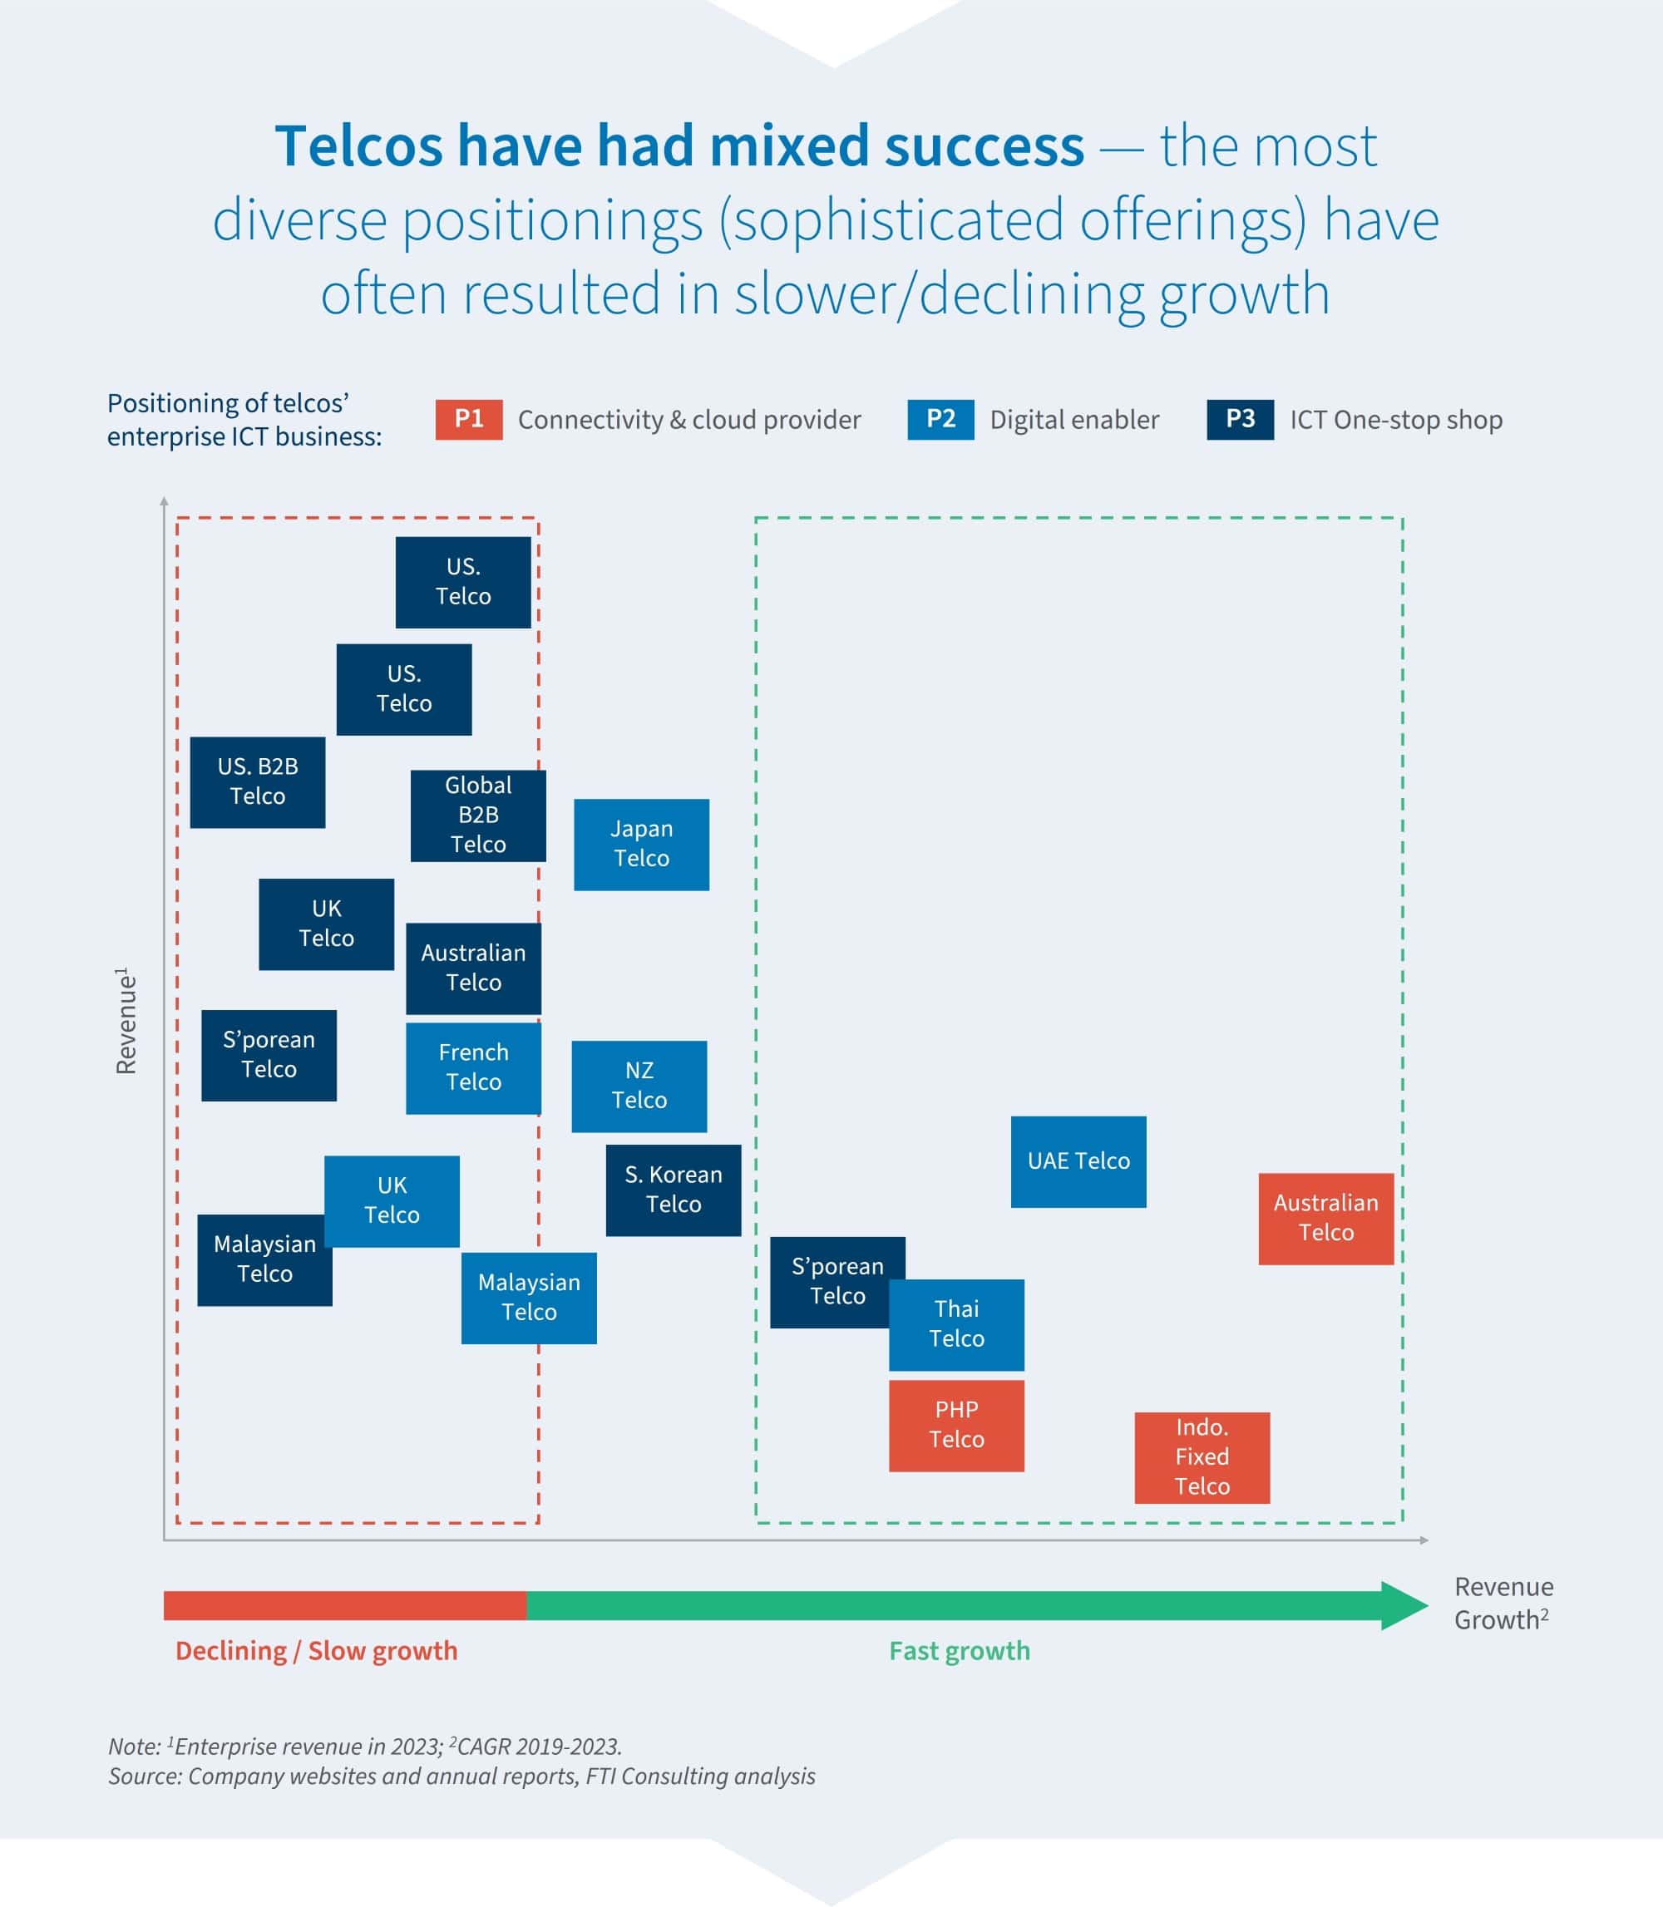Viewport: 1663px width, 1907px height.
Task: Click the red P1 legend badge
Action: [x=469, y=420]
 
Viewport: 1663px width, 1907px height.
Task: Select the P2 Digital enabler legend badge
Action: [x=940, y=420]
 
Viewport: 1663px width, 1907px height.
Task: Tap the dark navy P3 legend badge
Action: [x=1240, y=420]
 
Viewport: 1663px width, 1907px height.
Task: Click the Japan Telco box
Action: [x=641, y=845]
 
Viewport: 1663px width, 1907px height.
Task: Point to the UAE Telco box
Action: [x=1078, y=1160]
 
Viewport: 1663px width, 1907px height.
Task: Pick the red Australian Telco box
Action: [x=1325, y=1219]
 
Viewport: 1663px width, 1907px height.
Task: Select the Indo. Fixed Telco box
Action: [x=1202, y=1457]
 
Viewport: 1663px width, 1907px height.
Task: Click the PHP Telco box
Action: [x=956, y=1426]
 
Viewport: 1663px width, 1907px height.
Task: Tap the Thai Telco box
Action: [x=956, y=1324]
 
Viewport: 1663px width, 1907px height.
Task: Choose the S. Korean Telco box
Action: [x=673, y=1190]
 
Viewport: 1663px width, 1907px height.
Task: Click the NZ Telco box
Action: [x=639, y=1086]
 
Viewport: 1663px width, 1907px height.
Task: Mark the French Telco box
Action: [x=473, y=1068]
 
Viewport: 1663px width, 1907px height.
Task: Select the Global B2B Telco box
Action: [x=478, y=816]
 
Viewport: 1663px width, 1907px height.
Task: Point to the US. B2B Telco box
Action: [x=257, y=782]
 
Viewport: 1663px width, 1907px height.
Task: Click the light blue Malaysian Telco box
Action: [x=529, y=1298]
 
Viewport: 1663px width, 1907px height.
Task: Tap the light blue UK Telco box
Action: [x=392, y=1200]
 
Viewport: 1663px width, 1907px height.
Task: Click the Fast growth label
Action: [x=959, y=1651]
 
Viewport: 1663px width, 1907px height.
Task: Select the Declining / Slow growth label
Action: [x=317, y=1651]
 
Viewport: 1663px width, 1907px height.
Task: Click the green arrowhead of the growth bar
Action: [x=1404, y=1605]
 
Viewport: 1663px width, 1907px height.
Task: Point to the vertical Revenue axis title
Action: [x=126, y=1021]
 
